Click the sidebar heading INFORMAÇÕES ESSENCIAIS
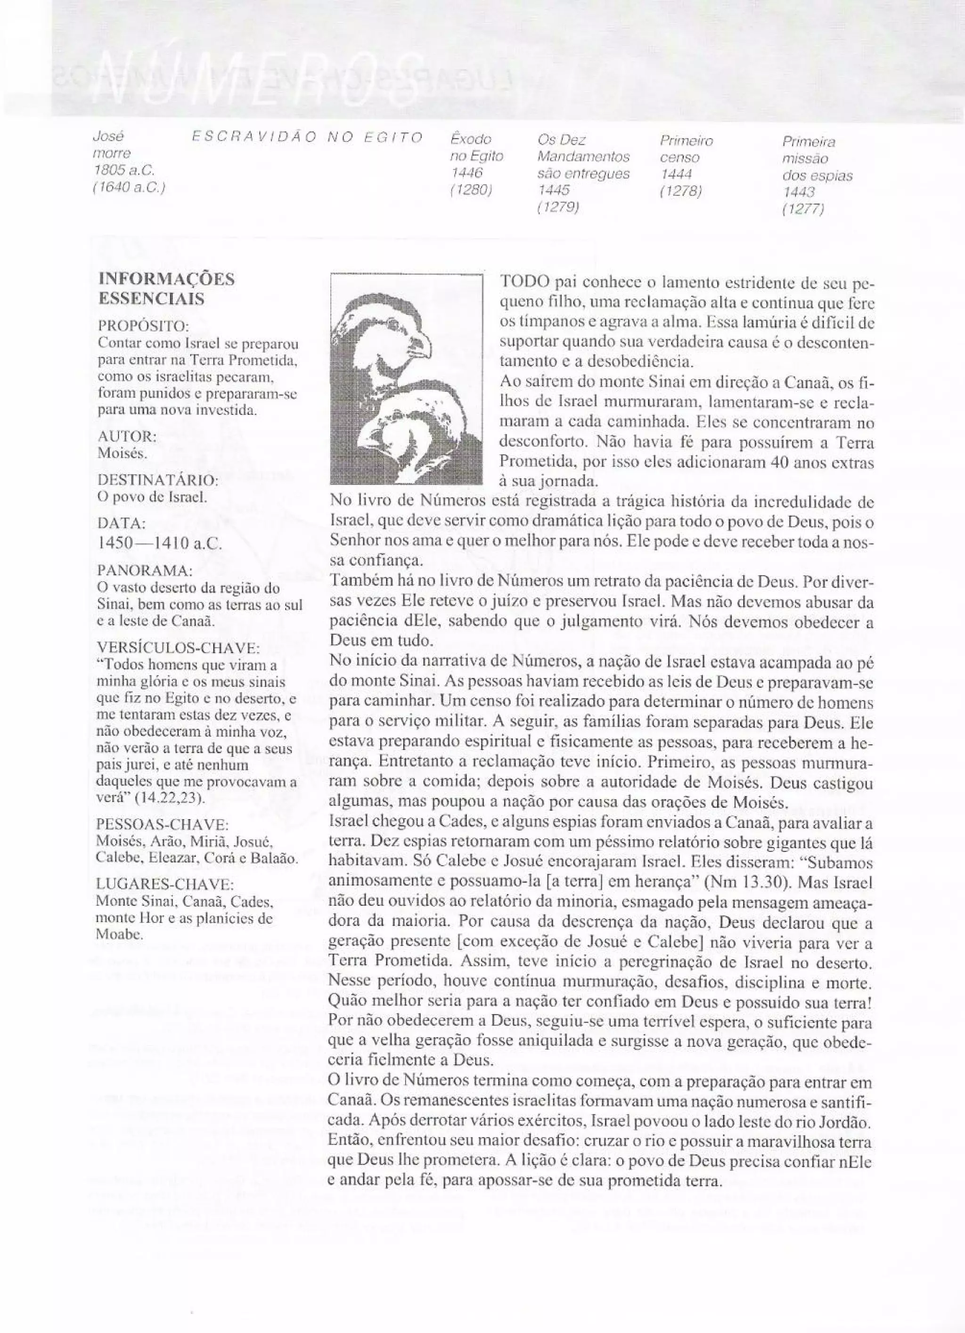[x=166, y=288]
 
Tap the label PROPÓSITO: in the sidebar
[x=143, y=325]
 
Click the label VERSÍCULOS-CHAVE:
[x=178, y=648]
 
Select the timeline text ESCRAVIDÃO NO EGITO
[x=307, y=138]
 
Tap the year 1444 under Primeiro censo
[x=676, y=174]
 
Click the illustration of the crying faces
[x=406, y=379]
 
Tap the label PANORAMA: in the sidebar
[x=144, y=570]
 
